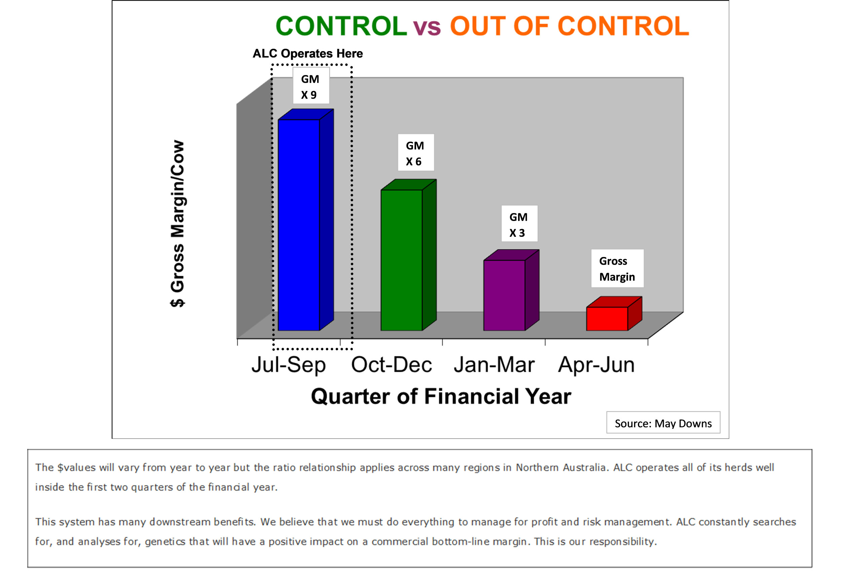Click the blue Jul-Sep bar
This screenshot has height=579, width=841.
[x=305, y=220]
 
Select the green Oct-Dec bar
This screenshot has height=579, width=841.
[x=408, y=255]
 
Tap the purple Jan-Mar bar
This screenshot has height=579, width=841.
[x=511, y=290]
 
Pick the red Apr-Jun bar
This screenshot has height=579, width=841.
[x=614, y=314]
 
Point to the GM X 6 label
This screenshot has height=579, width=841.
[x=415, y=152]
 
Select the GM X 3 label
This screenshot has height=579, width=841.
[x=519, y=223]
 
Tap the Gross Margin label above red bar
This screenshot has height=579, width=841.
[x=617, y=268]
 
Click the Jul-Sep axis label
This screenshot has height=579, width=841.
[x=289, y=365]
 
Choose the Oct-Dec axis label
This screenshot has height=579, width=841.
[x=391, y=365]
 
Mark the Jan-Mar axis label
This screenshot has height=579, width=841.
[x=494, y=365]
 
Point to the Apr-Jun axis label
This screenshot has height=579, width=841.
[x=596, y=365]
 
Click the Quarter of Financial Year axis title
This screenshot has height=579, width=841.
[x=441, y=396]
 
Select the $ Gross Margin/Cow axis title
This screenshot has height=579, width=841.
[x=178, y=224]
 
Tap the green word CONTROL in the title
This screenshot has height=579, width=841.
[x=341, y=26]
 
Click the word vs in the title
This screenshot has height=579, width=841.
[x=427, y=28]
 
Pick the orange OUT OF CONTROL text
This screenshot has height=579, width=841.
[x=570, y=26]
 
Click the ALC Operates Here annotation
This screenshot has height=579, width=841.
[x=307, y=53]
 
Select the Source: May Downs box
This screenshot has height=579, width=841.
[x=663, y=423]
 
